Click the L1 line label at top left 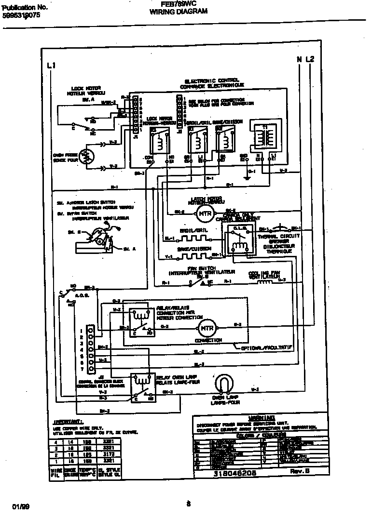(x=52, y=65)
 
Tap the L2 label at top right (x=310, y=59)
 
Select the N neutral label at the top (x=299, y=59)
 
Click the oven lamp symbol (x=222, y=384)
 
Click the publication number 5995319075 (x=22, y=15)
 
